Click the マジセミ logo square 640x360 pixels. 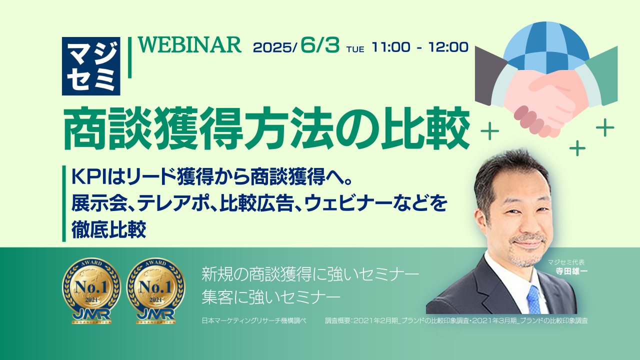91,66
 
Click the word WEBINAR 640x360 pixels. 189,45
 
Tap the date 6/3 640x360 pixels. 320,45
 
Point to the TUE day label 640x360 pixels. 355,49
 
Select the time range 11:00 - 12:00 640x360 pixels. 420,47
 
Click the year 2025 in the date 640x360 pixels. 272,47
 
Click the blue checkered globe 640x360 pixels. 546,47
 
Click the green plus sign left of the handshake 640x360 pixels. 489,131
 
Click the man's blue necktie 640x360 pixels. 533,299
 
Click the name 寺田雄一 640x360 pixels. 571,271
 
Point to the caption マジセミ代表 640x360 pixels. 566,262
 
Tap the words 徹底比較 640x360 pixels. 109,229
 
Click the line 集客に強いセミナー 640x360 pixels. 271,296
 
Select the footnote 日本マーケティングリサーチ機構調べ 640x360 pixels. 254,320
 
